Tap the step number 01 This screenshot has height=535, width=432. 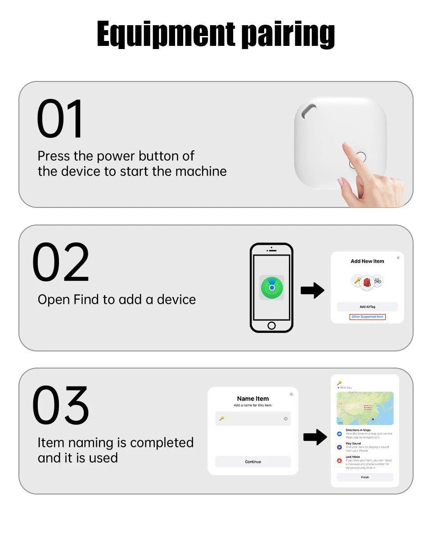pyautogui.click(x=60, y=120)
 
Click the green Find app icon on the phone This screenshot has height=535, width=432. pyautogui.click(x=272, y=287)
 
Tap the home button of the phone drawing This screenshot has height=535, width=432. pyautogui.click(x=271, y=325)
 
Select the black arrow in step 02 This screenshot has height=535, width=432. pyautogui.click(x=312, y=290)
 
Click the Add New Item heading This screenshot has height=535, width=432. pyautogui.click(x=367, y=261)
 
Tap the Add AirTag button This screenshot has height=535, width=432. pyautogui.click(x=367, y=307)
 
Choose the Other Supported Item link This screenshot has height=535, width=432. pyautogui.click(x=367, y=317)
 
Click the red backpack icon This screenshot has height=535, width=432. pyautogui.click(x=367, y=282)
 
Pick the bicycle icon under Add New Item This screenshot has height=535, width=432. pyautogui.click(x=377, y=281)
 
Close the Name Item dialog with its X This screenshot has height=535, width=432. pyautogui.click(x=291, y=394)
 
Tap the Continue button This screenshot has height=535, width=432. pyautogui.click(x=253, y=462)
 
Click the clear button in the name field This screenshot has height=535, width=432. pyautogui.click(x=285, y=419)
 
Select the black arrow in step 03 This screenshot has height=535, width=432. pyautogui.click(x=315, y=437)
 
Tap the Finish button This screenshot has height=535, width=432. pyautogui.click(x=364, y=477)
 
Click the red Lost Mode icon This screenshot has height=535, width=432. pyautogui.click(x=340, y=461)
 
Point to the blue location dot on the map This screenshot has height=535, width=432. pyautogui.click(x=373, y=419)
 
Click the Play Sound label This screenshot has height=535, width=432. pyautogui.click(x=353, y=443)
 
